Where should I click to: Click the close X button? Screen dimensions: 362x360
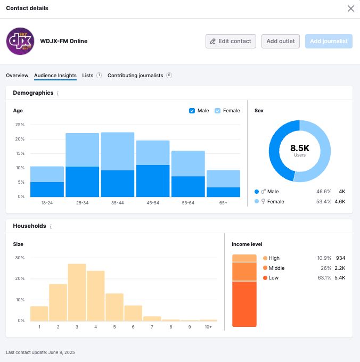(x=350, y=9)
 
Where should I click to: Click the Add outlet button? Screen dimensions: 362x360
(x=281, y=42)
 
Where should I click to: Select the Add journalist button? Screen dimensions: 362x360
(x=329, y=42)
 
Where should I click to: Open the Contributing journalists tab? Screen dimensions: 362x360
(x=135, y=76)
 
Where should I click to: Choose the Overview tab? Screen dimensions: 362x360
(x=17, y=76)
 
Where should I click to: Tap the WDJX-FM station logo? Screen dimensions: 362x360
(x=20, y=42)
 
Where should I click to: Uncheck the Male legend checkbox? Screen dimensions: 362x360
(x=192, y=111)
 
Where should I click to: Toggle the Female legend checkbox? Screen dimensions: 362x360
(x=218, y=111)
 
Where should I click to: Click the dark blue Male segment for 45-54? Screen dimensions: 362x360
(x=152, y=181)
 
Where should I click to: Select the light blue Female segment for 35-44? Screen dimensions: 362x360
(x=117, y=151)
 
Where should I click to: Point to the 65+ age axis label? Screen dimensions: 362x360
(x=223, y=203)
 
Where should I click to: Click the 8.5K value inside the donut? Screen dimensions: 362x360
(x=299, y=148)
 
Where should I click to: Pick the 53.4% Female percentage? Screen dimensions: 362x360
(x=324, y=202)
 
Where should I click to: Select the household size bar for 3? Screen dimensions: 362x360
(x=77, y=292)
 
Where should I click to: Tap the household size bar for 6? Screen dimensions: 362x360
(x=133, y=313)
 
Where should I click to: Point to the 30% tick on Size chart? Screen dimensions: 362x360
(x=20, y=258)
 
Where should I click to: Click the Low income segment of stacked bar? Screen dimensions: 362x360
(x=244, y=303)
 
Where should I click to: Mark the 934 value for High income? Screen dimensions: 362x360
(x=340, y=258)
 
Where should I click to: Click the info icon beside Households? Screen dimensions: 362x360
(x=51, y=227)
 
